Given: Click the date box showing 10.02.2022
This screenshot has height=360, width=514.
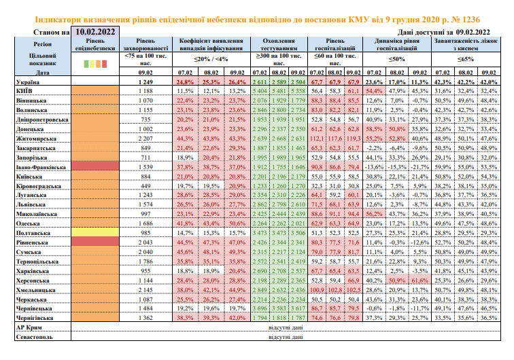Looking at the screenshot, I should pyautogui.click(x=95, y=31).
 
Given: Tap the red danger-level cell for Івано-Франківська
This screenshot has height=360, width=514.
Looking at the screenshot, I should pyautogui.click(x=95, y=166).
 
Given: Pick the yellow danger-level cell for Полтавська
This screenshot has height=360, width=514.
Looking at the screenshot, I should pyautogui.click(x=95, y=232).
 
